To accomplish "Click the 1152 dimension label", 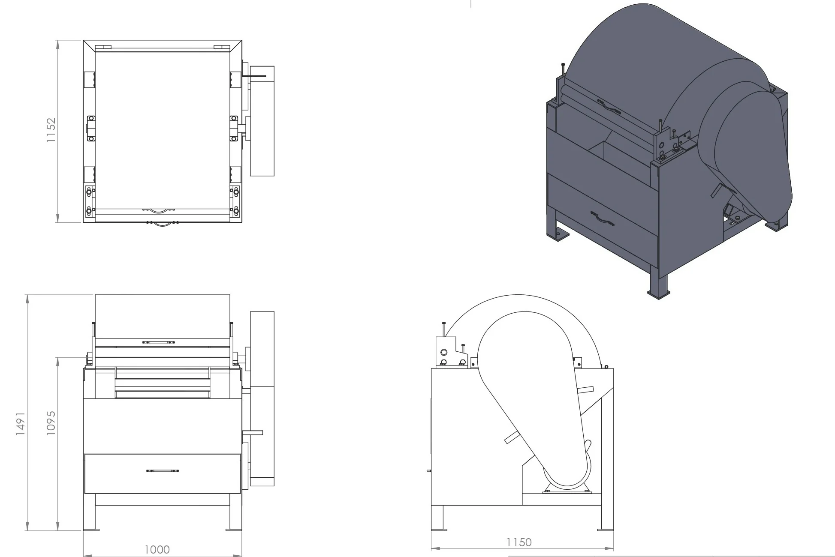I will pyautogui.click(x=51, y=130).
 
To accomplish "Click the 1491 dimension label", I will pyautogui.click(x=20, y=424).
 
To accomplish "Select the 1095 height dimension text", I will pyautogui.click(x=51, y=423).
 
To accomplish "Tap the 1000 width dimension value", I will pyautogui.click(x=157, y=549).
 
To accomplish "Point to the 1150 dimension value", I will pyautogui.click(x=519, y=542).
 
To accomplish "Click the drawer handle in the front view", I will pyautogui.click(x=163, y=471).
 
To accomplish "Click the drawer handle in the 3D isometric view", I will pyautogui.click(x=603, y=219).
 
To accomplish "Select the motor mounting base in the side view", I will pyautogui.click(x=567, y=491).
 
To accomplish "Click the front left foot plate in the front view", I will pyautogui.click(x=91, y=530).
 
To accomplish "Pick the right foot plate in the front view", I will pyautogui.click(x=234, y=530).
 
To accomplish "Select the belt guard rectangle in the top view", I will pyautogui.click(x=262, y=121).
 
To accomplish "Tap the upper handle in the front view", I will pyautogui.click(x=159, y=342).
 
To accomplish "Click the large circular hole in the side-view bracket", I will pyautogui.click(x=444, y=352).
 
